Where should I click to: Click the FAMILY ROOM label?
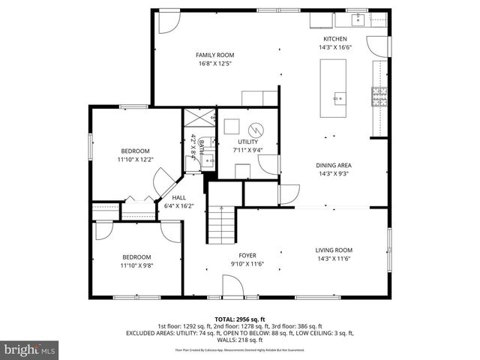[215, 55]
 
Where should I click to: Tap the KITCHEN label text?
[334, 39]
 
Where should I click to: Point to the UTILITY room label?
[248, 142]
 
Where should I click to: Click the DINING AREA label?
[334, 165]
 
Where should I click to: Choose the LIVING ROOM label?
[334, 250]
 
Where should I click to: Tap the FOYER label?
[247, 256]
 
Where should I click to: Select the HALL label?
[179, 198]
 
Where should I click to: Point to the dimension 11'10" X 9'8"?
[136, 264]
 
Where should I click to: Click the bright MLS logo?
[30, 350]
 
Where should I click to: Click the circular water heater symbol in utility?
[256, 127]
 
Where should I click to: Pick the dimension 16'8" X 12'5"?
[215, 63]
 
